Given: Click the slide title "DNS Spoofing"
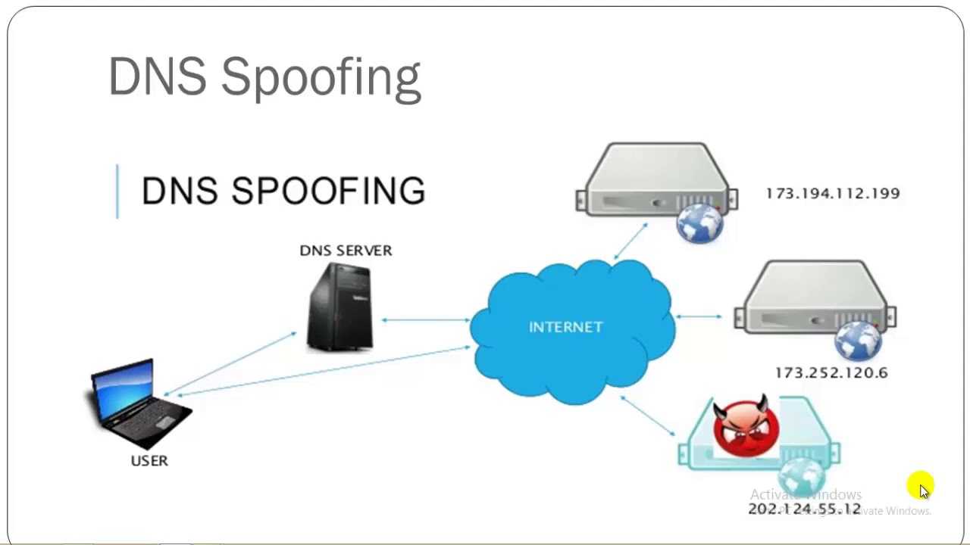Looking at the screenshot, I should click(x=264, y=77).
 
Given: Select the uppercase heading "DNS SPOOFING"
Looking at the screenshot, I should click(x=283, y=191).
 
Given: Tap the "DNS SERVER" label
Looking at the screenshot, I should click(x=346, y=251).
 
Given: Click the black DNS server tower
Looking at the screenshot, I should click(x=340, y=307).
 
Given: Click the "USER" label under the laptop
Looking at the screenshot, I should click(x=149, y=460).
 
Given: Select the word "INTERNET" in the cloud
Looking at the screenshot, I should click(x=565, y=327).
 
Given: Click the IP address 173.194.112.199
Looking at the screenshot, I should click(x=832, y=194).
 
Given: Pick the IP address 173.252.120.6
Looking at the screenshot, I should click(x=831, y=372).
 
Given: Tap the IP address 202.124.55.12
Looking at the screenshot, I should click(x=804, y=509).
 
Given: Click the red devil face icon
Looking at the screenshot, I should click(x=746, y=428).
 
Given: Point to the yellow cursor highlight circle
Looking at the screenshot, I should click(x=920, y=486).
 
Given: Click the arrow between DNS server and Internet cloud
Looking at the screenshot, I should click(x=425, y=320).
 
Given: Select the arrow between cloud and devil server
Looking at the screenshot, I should click(x=647, y=416).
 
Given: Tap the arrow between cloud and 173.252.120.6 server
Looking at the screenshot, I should click(x=698, y=316).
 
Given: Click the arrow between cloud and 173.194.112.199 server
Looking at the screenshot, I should click(x=630, y=241).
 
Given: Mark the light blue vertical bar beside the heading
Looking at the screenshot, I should click(x=117, y=191).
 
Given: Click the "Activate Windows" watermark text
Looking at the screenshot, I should click(x=806, y=494).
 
